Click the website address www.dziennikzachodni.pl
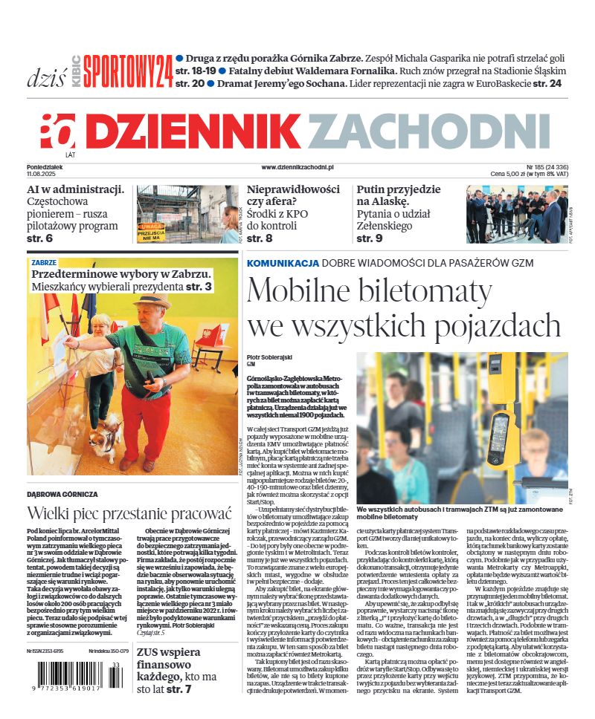[x=297, y=169]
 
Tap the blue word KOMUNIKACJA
[x=283, y=263]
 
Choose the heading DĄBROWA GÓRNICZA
[x=62, y=494]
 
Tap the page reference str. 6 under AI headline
[x=39, y=238]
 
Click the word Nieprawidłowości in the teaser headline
[x=293, y=189]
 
